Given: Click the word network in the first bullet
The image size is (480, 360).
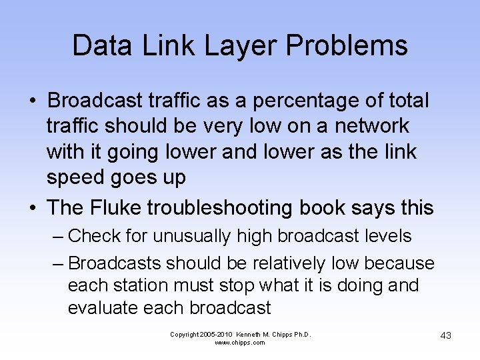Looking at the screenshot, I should point(372,126).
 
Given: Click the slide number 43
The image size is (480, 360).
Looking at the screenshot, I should point(445,335).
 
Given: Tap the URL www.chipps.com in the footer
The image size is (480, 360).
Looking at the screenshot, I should point(240,342).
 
